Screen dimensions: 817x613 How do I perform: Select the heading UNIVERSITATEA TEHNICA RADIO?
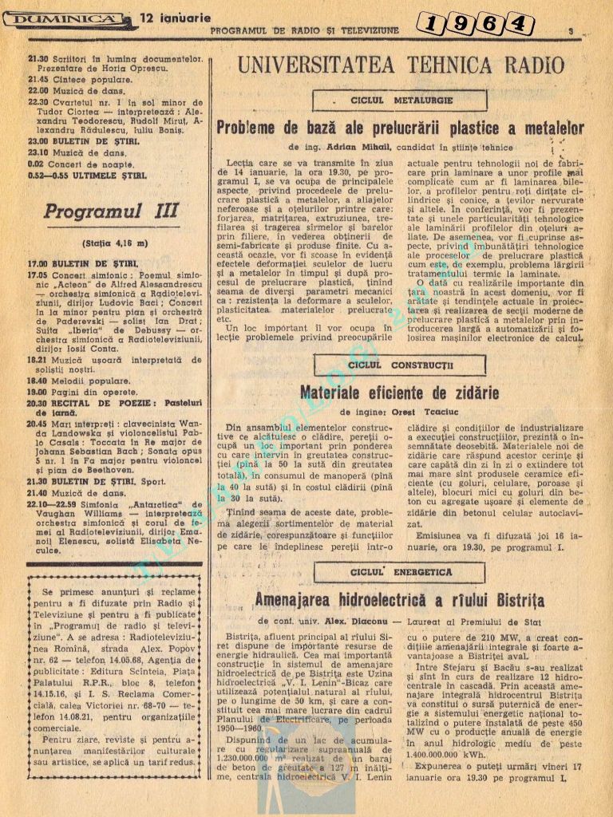[x=401, y=65]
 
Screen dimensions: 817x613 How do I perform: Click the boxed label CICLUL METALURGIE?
[x=401, y=101]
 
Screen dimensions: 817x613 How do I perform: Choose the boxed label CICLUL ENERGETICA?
[x=400, y=572]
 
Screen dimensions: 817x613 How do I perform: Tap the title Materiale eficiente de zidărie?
[x=399, y=393]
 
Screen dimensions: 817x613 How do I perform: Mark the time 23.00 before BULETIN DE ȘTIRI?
[x=38, y=142]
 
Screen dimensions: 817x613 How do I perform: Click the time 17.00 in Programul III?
[x=38, y=262]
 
